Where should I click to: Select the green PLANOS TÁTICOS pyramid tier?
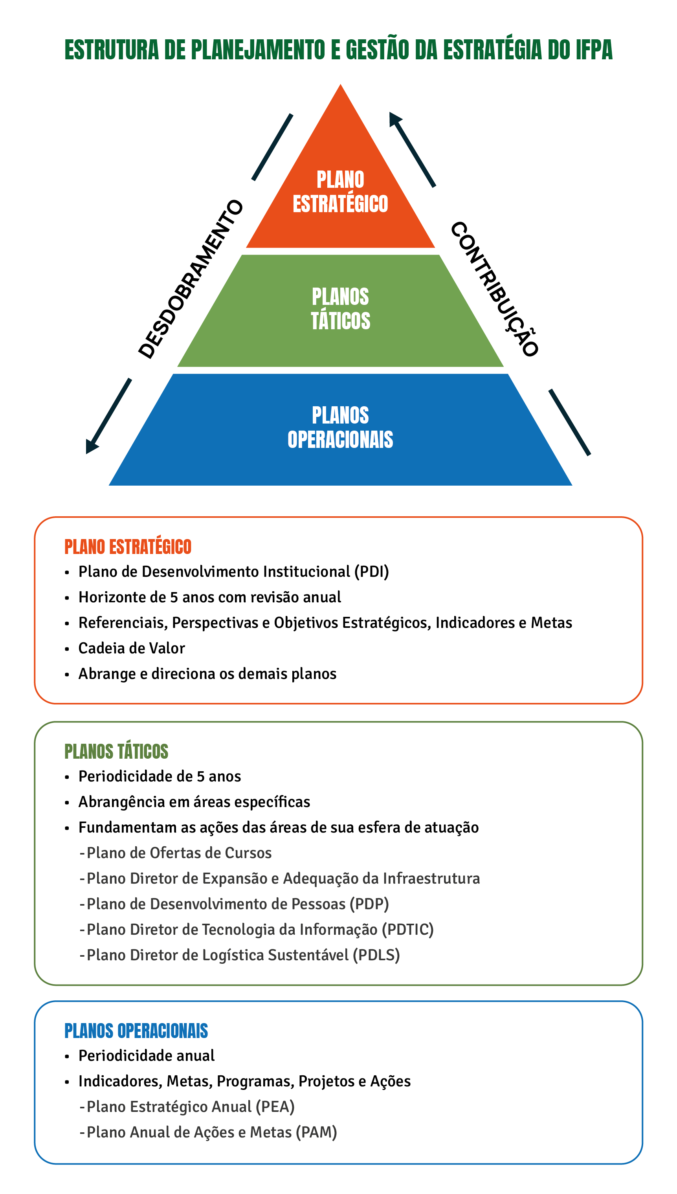pos(340,311)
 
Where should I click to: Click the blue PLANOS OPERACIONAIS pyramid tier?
pos(340,429)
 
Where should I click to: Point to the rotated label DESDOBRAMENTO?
pos(191,279)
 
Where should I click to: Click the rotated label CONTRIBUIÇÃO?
pos(495,289)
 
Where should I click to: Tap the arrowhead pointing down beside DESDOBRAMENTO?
pos(92,446)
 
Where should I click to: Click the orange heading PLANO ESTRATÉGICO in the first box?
pos(128,547)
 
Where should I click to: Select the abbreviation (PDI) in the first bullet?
pos(372,571)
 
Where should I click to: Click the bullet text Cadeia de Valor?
pos(132,648)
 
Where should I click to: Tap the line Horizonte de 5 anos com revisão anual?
pos(210,597)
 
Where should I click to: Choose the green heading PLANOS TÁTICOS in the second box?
pos(116,751)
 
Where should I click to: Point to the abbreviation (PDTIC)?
pos(408,930)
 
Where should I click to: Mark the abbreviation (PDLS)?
pos(376,955)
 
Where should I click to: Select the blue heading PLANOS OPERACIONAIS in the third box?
pos(136,1031)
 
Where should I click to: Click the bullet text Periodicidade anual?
pos(147,1056)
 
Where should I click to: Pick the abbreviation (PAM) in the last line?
pos(316,1133)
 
